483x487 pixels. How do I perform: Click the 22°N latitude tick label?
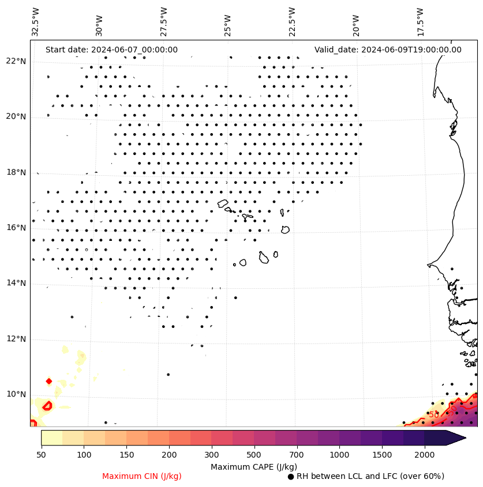click(x=16, y=62)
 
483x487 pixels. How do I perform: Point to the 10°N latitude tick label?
click(x=16, y=395)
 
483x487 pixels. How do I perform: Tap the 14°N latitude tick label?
click(x=16, y=284)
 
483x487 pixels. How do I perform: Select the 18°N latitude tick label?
click(x=16, y=173)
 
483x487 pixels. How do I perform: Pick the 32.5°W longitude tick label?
click(x=36, y=22)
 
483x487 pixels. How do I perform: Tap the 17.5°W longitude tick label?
click(x=421, y=22)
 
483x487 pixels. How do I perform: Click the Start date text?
click(x=111, y=50)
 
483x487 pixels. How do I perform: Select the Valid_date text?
click(x=388, y=50)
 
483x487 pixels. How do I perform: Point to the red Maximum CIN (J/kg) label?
click(x=142, y=477)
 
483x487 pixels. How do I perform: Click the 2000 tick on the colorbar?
click(x=425, y=455)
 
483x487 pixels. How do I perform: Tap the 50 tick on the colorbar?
click(x=41, y=455)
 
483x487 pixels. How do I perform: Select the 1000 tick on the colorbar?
click(x=339, y=455)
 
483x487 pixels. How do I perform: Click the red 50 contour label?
click(x=434, y=415)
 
